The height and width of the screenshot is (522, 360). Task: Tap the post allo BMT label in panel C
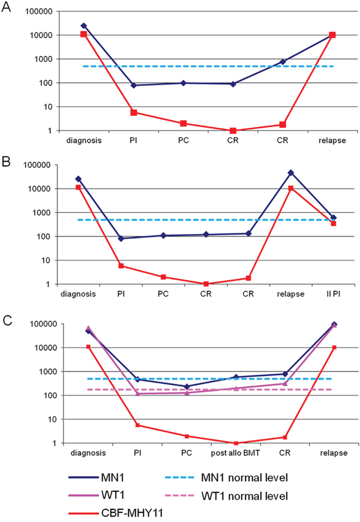click(236, 453)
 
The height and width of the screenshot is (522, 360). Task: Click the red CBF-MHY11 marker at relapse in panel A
click(332, 35)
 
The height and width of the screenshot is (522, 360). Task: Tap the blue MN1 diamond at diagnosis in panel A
click(83, 26)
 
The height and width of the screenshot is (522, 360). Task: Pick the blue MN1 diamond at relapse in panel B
click(291, 173)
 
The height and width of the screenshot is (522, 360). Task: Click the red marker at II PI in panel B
click(334, 223)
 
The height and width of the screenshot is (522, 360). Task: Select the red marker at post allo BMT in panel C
click(236, 443)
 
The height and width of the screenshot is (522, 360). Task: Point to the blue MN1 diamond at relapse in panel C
click(334, 325)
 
